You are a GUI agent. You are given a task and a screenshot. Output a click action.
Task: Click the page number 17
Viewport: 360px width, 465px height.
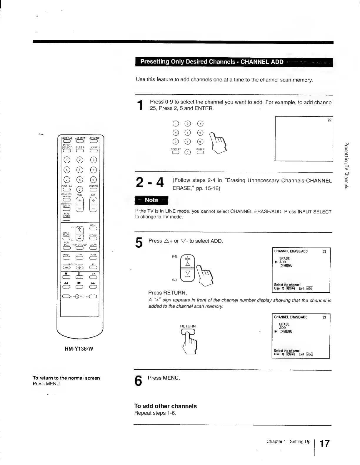coord(324,444)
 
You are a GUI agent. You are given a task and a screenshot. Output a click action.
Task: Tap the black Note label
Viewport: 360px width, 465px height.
coord(151,200)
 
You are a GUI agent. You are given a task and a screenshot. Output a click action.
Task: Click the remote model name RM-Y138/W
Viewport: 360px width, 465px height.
coord(79,349)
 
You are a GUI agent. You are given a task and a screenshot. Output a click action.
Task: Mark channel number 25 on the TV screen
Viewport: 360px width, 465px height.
coord(329,120)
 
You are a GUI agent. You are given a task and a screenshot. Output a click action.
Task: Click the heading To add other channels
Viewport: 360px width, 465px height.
coord(165,406)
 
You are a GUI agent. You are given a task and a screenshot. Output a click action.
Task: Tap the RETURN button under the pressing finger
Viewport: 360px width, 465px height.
coord(188,332)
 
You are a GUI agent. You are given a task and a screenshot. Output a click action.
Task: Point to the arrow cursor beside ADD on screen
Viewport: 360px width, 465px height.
coord(276,262)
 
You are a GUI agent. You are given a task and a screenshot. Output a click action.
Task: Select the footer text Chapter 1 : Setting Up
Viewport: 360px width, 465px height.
coord(288,441)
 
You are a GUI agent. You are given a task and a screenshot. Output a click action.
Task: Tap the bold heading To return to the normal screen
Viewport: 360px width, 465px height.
coord(66,378)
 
